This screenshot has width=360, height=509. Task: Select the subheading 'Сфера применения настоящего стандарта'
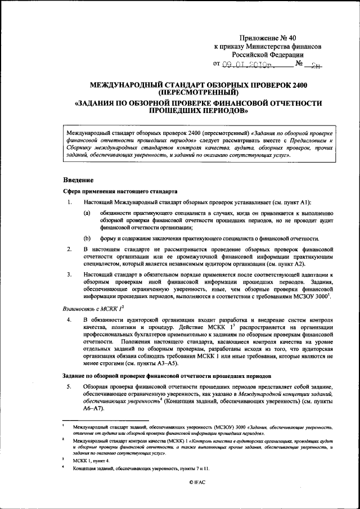[x=120, y=191]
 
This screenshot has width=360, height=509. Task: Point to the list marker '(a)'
[x=88, y=213]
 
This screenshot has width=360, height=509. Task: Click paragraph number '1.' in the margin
[x=68, y=201]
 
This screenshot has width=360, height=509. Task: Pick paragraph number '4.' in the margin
[x=68, y=320]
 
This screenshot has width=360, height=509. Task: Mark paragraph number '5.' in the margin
[x=68, y=386]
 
